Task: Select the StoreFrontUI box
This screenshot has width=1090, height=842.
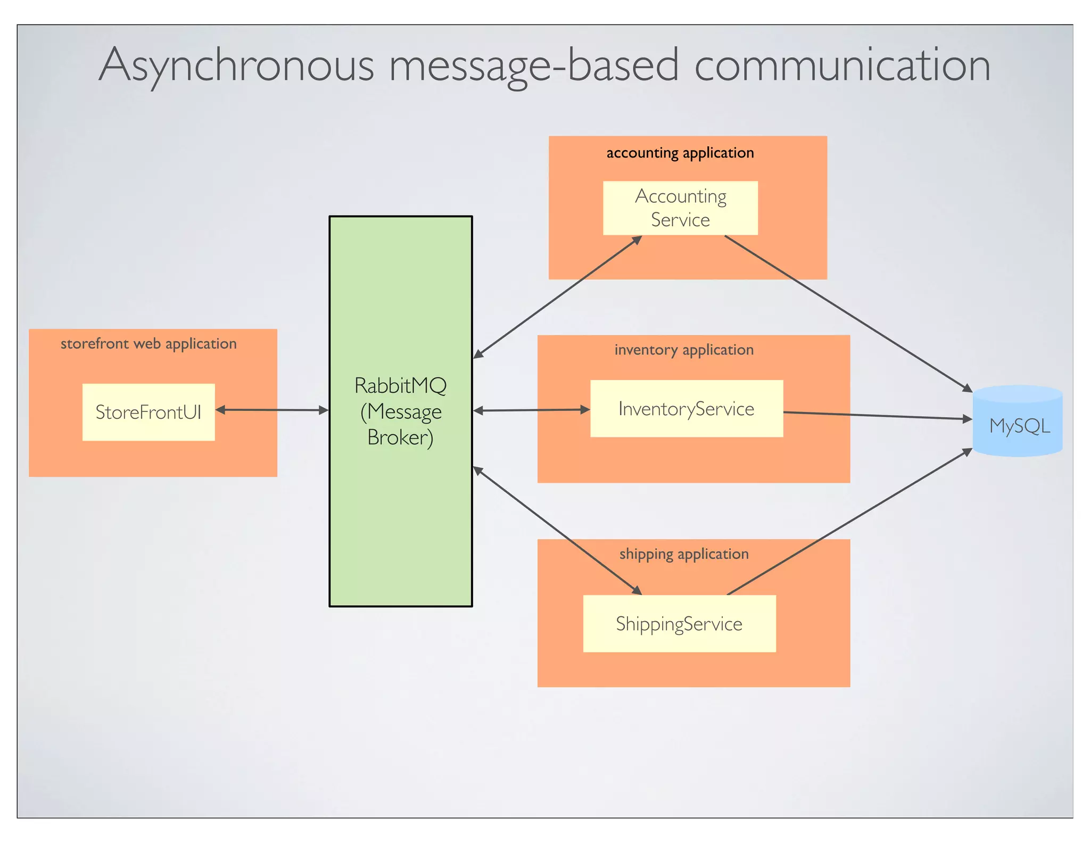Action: click(x=148, y=412)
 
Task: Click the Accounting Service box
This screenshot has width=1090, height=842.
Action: click(x=680, y=208)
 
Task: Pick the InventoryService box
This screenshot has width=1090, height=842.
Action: click(x=686, y=409)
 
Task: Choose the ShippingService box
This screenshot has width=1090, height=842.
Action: click(x=679, y=624)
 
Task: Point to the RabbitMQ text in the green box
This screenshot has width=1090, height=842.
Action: click(x=400, y=386)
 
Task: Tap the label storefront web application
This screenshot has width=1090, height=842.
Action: click(x=148, y=344)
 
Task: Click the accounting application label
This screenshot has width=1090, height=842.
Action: click(x=680, y=153)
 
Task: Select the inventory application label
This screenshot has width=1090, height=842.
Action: click(x=684, y=350)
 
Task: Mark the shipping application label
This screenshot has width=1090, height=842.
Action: click(x=684, y=554)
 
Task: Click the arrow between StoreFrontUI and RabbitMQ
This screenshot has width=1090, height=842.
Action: click(x=272, y=410)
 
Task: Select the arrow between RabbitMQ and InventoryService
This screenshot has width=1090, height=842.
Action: click(x=531, y=410)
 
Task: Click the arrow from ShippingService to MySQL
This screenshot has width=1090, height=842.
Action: click(x=849, y=522)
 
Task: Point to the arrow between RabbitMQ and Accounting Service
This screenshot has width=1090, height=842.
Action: click(x=557, y=296)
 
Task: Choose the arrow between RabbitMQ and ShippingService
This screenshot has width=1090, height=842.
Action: click(x=557, y=531)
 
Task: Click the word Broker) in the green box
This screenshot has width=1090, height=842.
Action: click(x=400, y=437)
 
